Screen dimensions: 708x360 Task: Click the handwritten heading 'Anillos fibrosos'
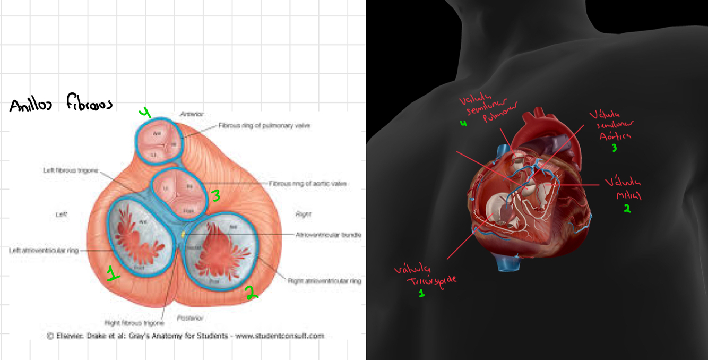[x=61, y=104]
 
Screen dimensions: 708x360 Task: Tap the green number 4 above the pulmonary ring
[x=145, y=112]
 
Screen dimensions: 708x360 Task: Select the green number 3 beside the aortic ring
[x=215, y=196]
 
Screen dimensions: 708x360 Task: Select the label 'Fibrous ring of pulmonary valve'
[x=264, y=126]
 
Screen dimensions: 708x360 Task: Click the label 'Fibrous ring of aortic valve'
[x=307, y=184]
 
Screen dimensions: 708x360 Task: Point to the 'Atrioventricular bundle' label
[x=328, y=234]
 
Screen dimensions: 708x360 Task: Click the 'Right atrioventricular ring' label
[x=325, y=280]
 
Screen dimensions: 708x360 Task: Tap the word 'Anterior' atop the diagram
[x=192, y=114]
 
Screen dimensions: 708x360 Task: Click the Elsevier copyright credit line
[x=185, y=336]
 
